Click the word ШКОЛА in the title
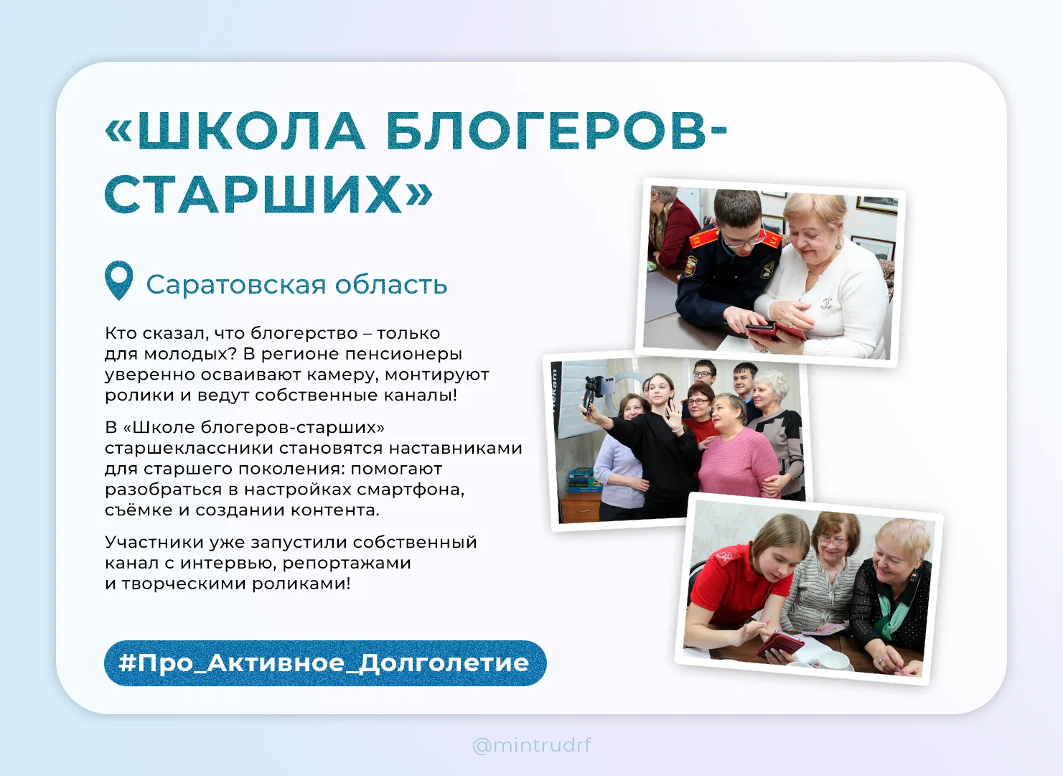tap(251, 131)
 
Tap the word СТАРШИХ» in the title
tap(268, 194)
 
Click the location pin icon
tap(118, 280)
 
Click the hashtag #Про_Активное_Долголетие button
tap(325, 663)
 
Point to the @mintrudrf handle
tap(531, 745)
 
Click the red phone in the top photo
tap(775, 331)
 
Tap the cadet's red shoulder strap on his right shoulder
tap(704, 238)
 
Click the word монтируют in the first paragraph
tap(437, 375)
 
